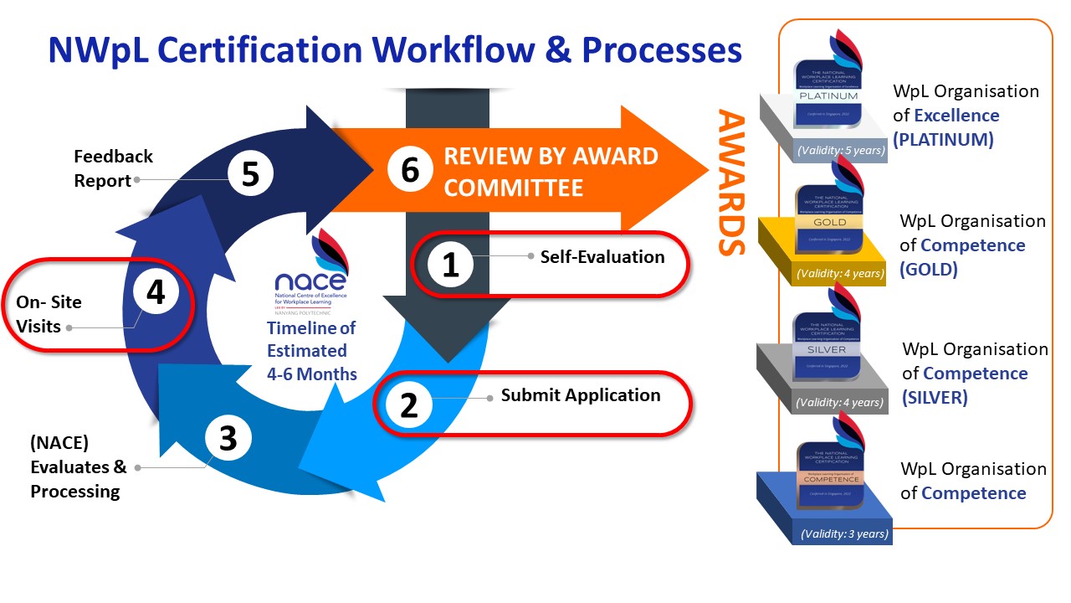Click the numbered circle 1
450,265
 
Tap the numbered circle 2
408,405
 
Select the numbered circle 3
228,438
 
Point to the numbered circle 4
156,293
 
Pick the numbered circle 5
249,173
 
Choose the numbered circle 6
409,169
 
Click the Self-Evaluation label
602,256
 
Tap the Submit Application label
581,395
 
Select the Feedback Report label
114,168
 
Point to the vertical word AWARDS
731,182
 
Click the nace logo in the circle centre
312,271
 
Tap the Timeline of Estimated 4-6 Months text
311,351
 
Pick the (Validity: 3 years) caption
844,533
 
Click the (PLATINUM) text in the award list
943,140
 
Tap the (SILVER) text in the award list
935,398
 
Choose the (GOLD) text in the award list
929,270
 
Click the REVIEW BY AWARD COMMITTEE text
551,171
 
